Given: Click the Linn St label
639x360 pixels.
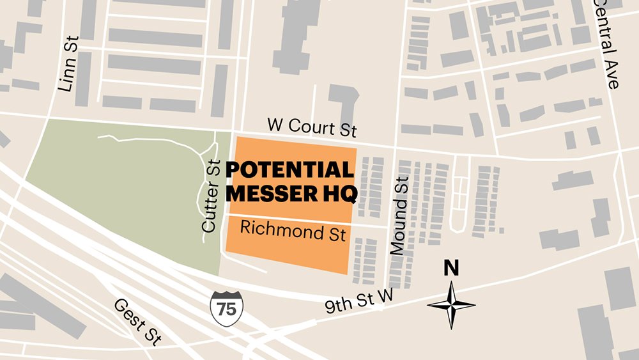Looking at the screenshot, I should tap(68, 63).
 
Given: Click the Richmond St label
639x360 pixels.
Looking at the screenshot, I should tap(293, 231).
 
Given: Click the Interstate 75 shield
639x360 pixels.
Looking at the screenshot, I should tap(226, 307).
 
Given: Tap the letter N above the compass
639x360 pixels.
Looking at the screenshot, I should tap(451, 269).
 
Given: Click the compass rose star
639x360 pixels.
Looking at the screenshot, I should tap(451, 304).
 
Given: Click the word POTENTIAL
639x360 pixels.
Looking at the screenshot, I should tap(289, 170).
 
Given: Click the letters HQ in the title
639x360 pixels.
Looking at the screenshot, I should tap(335, 192).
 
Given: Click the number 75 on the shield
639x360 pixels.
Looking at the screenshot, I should tap(226, 309).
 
